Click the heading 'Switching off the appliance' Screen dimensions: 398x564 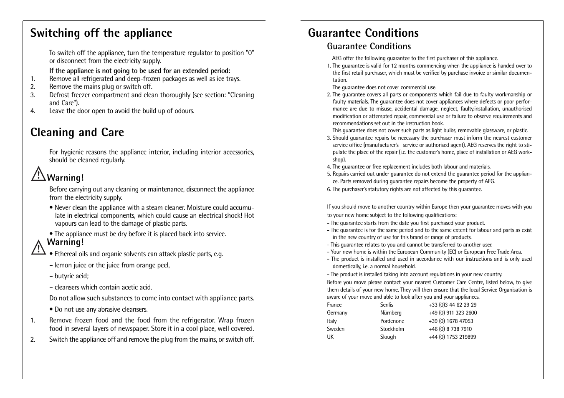[101, 33]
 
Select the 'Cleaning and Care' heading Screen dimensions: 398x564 [77, 132]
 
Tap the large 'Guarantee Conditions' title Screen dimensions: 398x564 [363, 33]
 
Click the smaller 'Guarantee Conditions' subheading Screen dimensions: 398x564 [369, 46]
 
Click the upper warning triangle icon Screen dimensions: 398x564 [38, 174]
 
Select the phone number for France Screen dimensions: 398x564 [452, 305]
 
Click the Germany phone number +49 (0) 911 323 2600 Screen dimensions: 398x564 [453, 313]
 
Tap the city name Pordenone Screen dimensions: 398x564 [392, 321]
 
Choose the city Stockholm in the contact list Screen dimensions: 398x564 [392, 329]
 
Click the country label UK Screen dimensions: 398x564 [330, 337]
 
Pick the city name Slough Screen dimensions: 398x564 [388, 337]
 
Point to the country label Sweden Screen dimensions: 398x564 [336, 329]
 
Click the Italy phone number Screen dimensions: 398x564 [450, 321]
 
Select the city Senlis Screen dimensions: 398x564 [387, 305]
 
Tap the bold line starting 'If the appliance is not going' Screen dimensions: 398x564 [139, 71]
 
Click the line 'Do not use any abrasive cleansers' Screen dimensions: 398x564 [101, 310]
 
